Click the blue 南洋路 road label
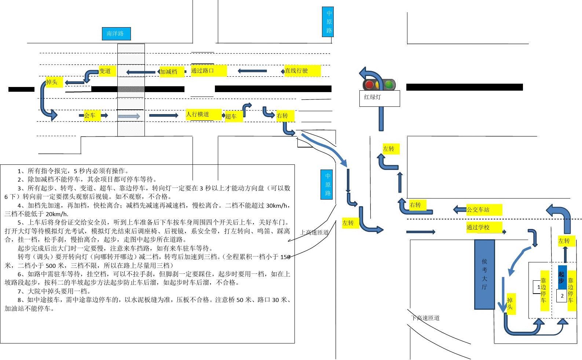pos(116,33)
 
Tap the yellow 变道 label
pos(107,71)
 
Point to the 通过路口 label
pos(208,70)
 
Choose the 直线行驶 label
pos(302,70)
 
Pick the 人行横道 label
pos(203,114)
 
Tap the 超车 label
pos(233,116)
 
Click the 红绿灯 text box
pos(379,98)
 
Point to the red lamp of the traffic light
pos(369,85)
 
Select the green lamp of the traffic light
pos(389,85)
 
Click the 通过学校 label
pos(483,227)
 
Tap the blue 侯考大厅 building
pos(484,274)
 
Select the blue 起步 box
pos(562,277)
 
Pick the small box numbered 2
pos(561,296)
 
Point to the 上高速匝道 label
pos(314,232)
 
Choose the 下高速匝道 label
pos(425,318)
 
